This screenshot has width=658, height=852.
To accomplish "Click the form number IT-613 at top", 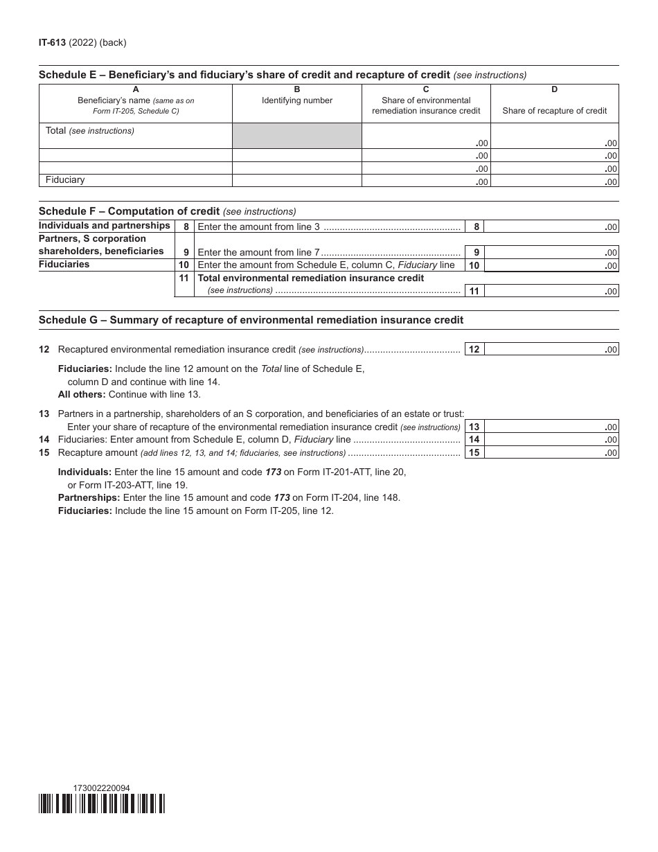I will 52,42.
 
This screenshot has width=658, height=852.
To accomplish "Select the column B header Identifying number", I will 296,100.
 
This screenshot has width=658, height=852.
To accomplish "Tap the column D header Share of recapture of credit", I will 554,110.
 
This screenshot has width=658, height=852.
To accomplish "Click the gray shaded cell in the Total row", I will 296,136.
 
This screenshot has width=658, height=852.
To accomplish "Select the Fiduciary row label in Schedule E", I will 65,180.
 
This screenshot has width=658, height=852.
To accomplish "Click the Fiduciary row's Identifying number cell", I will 296,181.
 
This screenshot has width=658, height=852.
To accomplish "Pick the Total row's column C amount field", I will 426,136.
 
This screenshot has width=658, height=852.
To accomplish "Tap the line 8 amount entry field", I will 551,227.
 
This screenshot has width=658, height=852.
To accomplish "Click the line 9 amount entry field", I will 551,252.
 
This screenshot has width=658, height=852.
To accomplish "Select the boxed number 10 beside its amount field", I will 474,265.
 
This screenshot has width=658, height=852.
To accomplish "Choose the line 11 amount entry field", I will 551,291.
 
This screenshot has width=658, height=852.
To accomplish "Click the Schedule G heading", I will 251,320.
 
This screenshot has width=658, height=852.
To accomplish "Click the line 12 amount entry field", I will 551,350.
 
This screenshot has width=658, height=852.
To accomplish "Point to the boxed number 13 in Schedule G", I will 474,427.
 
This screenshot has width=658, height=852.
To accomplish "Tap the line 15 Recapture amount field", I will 551,453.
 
